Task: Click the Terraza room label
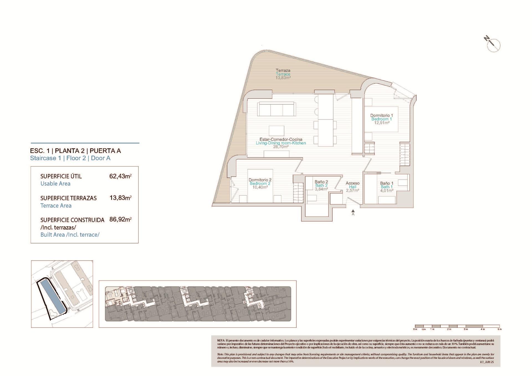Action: pyautogui.click(x=283, y=70)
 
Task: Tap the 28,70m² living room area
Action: pyautogui.click(x=281, y=147)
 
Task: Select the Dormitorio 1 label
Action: pyautogui.click(x=382, y=115)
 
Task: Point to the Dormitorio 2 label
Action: pyautogui.click(x=260, y=180)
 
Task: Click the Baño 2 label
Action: pyautogui.click(x=321, y=182)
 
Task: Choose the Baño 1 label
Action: pyautogui.click(x=387, y=183)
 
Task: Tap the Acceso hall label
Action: pyautogui.click(x=352, y=183)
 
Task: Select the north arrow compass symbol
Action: pyautogui.click(x=493, y=44)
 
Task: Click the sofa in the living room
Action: pyautogui.click(x=276, y=109)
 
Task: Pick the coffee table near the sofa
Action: pyautogui.click(x=276, y=131)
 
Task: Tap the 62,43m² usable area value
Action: pyautogui.click(x=120, y=176)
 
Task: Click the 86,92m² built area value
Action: pyautogui.click(x=120, y=219)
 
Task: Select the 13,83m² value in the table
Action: pyautogui.click(x=120, y=198)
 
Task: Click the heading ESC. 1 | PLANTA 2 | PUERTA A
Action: pyautogui.click(x=75, y=151)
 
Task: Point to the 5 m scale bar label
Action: pyautogui.click(x=500, y=329)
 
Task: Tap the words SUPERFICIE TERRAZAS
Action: pyautogui.click(x=68, y=198)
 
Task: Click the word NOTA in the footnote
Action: pyautogui.click(x=221, y=340)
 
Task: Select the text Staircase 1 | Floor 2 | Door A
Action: pyautogui.click(x=70, y=158)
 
